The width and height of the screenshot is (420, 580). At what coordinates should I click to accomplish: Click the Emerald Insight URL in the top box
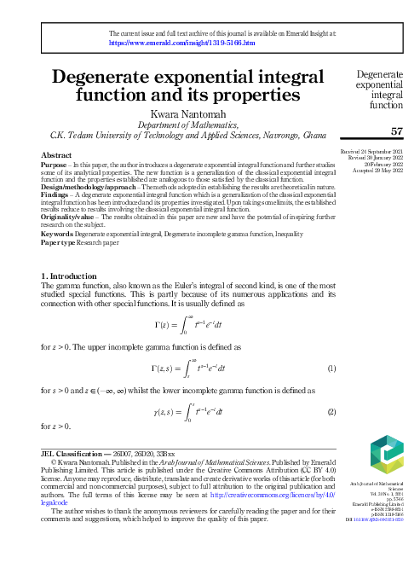click(x=182, y=41)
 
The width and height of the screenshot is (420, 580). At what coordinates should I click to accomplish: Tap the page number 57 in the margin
click(x=395, y=130)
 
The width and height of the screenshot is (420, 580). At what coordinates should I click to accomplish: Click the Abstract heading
click(x=56, y=155)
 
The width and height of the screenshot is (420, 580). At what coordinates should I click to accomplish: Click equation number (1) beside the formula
click(x=331, y=370)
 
